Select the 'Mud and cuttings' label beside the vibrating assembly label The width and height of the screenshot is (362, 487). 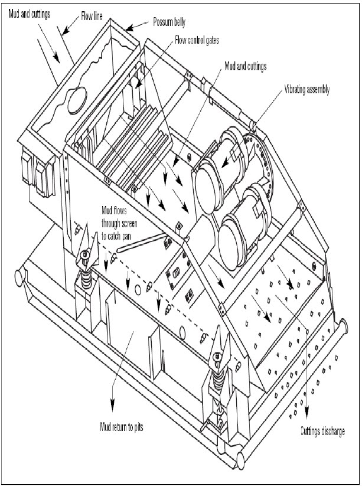(x=244, y=67)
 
